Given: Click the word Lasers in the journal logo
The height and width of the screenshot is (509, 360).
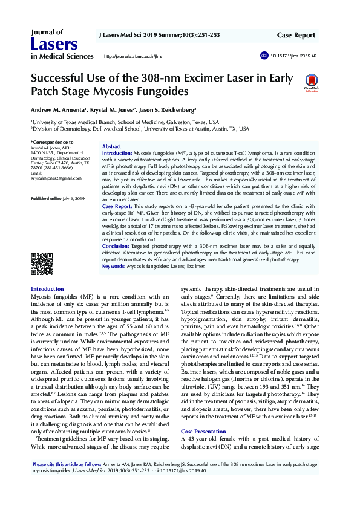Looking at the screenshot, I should click(54, 44).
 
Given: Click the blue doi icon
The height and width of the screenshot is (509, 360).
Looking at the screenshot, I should click(264, 55).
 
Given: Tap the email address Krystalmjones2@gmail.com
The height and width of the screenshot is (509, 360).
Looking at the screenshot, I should click(56, 178).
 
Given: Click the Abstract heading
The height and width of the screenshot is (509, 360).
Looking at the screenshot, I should click(112, 147).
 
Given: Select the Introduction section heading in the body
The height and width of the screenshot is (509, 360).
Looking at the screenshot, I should click(47, 289).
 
